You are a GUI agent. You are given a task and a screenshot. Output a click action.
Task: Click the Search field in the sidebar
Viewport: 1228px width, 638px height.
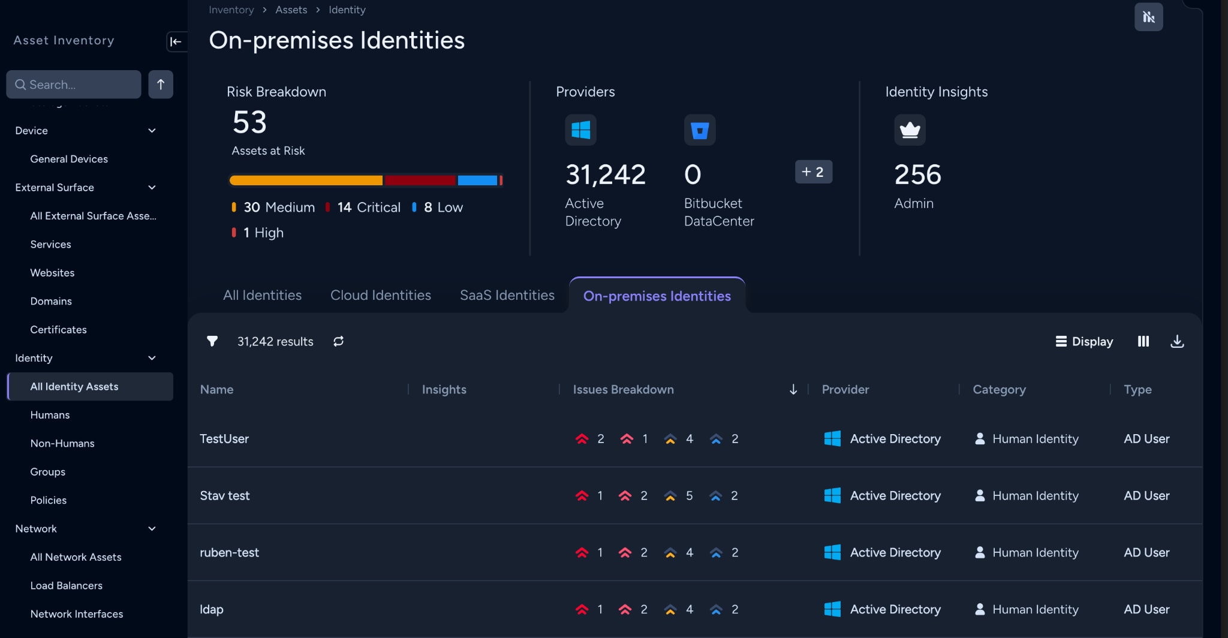point(74,85)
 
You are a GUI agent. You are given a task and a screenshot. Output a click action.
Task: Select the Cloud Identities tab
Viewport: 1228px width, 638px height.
point(381,295)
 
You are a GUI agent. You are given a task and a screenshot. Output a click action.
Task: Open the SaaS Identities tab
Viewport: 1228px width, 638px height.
point(507,295)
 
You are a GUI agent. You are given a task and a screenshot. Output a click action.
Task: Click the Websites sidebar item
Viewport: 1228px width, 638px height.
point(52,273)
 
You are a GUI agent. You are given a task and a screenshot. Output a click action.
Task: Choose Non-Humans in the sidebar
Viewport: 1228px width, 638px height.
point(62,443)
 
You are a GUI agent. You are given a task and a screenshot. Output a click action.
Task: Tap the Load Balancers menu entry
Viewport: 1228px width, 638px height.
point(66,585)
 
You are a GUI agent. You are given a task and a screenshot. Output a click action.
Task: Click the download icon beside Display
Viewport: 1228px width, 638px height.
point(1177,341)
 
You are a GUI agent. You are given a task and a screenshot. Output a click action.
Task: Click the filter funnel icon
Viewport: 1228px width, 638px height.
point(212,341)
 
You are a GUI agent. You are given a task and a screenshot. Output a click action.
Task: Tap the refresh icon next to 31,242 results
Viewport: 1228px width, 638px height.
point(339,341)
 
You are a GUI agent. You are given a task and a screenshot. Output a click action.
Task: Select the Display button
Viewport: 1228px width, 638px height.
point(1084,341)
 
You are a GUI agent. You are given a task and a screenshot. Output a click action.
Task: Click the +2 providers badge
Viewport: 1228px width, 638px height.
point(814,172)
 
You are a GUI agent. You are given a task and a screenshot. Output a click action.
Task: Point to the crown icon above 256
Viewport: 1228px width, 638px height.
point(910,130)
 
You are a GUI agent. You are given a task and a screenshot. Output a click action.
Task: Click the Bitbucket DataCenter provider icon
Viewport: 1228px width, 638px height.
point(700,130)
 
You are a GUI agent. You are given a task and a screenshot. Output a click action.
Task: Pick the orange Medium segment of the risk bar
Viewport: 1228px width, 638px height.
point(306,180)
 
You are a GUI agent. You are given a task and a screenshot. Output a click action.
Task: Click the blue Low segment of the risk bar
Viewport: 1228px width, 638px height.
point(477,180)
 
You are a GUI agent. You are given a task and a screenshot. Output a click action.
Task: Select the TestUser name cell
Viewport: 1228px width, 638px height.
point(224,439)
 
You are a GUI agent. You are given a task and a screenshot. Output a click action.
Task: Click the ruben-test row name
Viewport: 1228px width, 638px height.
point(229,552)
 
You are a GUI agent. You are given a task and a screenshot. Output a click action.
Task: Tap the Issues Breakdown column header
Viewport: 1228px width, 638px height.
point(623,389)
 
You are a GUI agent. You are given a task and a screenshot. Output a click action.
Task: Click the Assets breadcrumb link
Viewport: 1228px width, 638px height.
point(291,10)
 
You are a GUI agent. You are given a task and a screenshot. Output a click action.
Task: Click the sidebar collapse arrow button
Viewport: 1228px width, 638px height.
point(176,41)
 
